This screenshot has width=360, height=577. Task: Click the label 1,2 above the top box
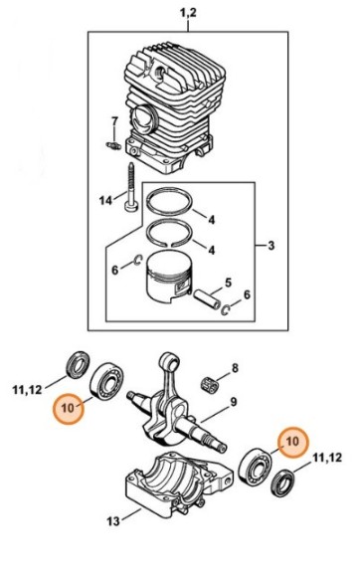pos(186,12)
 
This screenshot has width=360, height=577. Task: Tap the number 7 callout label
pos(113,122)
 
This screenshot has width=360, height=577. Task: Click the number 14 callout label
pos(105,200)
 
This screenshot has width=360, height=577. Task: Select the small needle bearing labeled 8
pos(210,379)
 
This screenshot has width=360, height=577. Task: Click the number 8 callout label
pos(235,369)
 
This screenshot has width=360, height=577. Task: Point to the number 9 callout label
pos(233,402)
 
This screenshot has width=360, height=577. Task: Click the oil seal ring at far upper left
pos(76,364)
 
